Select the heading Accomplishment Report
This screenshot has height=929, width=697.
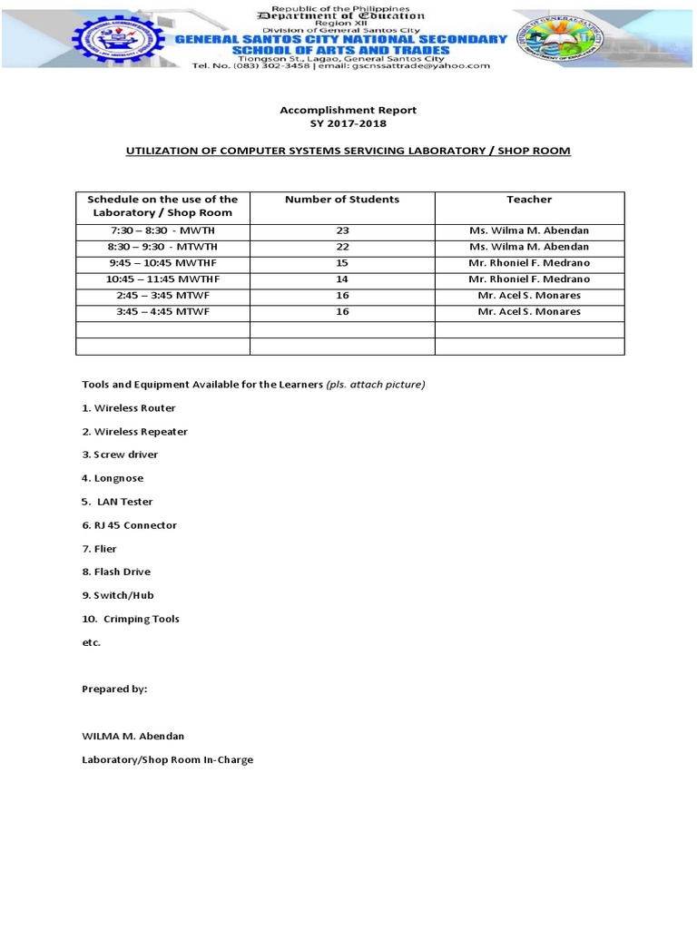(348, 110)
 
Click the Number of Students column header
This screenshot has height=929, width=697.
(341, 200)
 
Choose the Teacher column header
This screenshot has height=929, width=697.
(529, 200)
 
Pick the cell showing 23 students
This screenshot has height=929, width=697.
(342, 231)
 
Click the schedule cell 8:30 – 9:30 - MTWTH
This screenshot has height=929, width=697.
(164, 247)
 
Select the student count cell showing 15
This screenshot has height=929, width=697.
(342, 263)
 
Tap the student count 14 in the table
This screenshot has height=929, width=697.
(342, 279)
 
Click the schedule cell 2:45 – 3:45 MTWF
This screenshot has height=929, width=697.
(164, 295)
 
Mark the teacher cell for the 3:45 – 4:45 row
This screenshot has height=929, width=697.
(529, 311)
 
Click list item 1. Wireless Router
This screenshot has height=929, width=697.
(129, 408)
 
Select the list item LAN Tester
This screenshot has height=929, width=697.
(119, 502)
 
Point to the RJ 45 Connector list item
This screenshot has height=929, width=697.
(130, 525)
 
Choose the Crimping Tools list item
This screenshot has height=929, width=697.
(132, 619)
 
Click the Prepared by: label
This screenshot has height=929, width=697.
(114, 689)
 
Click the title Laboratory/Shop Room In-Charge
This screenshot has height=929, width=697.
(168, 759)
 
